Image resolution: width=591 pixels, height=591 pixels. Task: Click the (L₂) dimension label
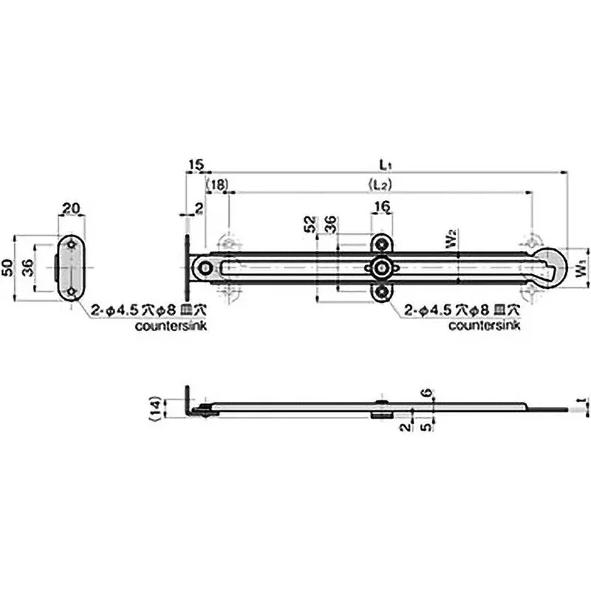[381, 183]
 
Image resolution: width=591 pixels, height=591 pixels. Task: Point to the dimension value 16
[381, 209]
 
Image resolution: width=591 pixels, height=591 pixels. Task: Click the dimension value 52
[312, 225]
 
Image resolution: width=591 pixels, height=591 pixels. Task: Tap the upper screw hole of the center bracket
[381, 244]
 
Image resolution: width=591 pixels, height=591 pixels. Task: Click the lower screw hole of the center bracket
[381, 293]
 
